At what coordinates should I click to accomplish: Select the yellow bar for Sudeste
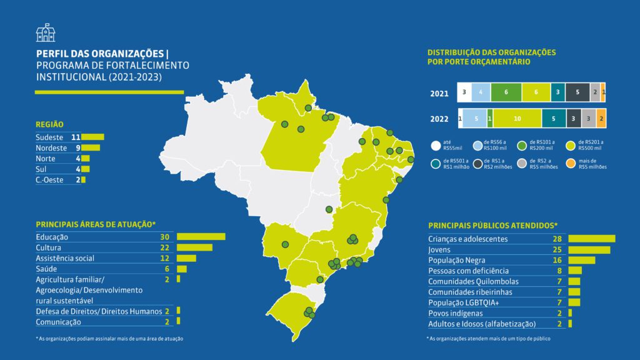coord(93,137)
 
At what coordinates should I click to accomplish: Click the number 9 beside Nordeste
coord(78,148)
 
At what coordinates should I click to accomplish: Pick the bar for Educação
coord(201,237)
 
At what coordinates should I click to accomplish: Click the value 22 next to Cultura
coord(165,247)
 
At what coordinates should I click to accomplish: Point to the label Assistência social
coord(64,258)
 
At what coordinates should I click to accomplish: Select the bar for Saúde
coord(182,269)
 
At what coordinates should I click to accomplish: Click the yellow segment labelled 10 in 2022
coord(517,117)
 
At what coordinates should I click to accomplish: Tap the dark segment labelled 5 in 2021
coord(577,92)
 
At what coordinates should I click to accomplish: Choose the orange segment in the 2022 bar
coord(601,117)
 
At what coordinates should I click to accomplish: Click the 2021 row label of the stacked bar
coord(439,93)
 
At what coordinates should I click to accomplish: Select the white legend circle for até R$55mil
coord(435,146)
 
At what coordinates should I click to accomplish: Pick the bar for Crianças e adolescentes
coord(591,239)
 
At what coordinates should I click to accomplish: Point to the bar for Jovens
coord(589,249)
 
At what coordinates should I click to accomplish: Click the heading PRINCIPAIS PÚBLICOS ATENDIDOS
coord(492,225)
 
